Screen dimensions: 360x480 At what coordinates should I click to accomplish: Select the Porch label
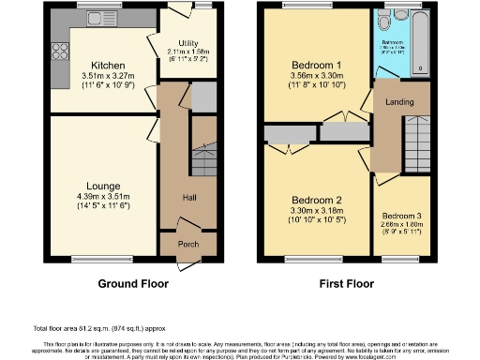187,246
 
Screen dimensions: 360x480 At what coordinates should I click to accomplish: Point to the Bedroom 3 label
400,214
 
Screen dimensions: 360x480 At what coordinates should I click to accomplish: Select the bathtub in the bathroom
418,43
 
